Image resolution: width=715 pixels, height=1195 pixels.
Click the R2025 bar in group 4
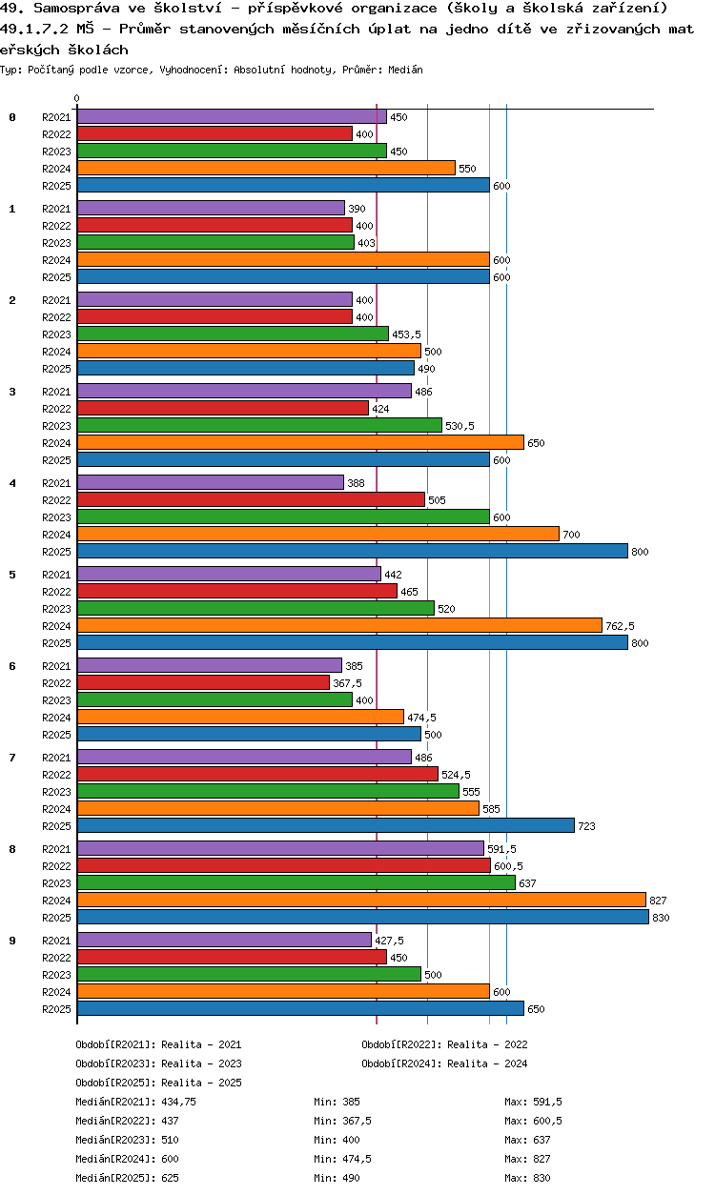click(x=352, y=551)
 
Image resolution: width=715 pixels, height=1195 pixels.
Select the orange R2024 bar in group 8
click(x=361, y=900)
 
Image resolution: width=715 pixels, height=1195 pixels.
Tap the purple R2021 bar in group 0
click(x=232, y=116)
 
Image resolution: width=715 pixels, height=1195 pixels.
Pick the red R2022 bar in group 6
click(x=203, y=682)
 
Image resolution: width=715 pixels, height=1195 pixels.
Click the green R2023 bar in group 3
click(x=259, y=425)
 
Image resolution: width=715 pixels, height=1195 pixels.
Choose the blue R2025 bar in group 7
click(x=325, y=825)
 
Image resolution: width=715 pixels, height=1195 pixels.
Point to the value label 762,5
click(x=620, y=626)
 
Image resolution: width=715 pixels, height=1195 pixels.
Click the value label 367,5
click(x=347, y=683)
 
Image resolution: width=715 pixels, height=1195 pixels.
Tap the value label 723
click(x=586, y=826)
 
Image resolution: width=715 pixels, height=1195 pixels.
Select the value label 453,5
click(x=406, y=334)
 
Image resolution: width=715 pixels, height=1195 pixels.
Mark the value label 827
click(x=658, y=901)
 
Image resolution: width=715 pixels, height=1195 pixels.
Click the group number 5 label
click(x=12, y=575)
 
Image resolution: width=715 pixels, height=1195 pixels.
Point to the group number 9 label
click(x=12, y=941)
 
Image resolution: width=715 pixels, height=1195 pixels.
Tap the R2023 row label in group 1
click(x=56, y=243)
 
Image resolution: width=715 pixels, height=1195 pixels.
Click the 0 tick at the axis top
click(x=77, y=98)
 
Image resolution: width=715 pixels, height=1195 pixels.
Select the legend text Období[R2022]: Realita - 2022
click(x=444, y=1044)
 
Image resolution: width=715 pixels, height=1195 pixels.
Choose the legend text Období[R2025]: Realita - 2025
click(x=158, y=1083)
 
